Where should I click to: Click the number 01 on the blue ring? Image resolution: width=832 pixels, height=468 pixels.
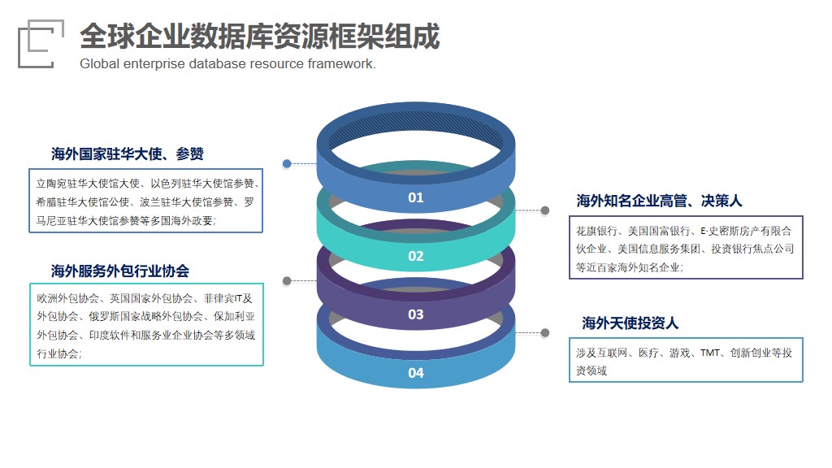click(415, 198)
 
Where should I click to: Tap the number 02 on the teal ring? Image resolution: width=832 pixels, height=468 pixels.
click(415, 256)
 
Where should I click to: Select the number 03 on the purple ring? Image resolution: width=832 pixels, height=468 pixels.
click(415, 314)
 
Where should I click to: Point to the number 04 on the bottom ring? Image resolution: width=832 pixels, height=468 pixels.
click(415, 373)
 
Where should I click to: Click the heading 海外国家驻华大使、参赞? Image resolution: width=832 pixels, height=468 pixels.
click(128, 154)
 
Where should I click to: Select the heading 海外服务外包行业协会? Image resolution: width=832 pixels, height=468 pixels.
click(120, 271)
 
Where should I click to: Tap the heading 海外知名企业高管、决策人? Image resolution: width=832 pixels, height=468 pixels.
click(659, 201)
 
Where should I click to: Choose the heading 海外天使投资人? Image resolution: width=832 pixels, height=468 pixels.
click(630, 323)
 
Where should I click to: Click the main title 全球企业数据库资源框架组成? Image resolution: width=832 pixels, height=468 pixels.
click(259, 36)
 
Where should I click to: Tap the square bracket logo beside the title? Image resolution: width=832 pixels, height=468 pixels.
click(41, 44)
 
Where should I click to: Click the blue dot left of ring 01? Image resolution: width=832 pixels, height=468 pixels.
click(287, 163)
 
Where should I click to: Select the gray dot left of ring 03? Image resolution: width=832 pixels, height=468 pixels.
click(287, 280)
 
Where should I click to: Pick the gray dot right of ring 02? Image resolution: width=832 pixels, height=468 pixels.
click(545, 210)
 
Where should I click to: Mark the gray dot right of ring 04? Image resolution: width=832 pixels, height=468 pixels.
click(545, 332)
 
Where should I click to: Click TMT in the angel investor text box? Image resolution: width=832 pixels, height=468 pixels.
click(710, 353)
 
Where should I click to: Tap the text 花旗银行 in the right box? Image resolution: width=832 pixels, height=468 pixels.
click(597, 231)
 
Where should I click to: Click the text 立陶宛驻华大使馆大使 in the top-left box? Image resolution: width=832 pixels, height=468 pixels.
click(88, 184)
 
